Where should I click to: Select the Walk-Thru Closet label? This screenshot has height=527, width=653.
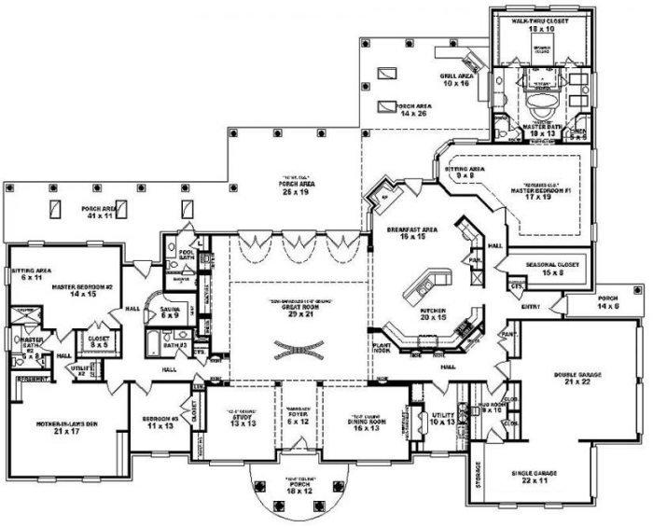click(533, 25)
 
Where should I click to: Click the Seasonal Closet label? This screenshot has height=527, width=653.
click(556, 268)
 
